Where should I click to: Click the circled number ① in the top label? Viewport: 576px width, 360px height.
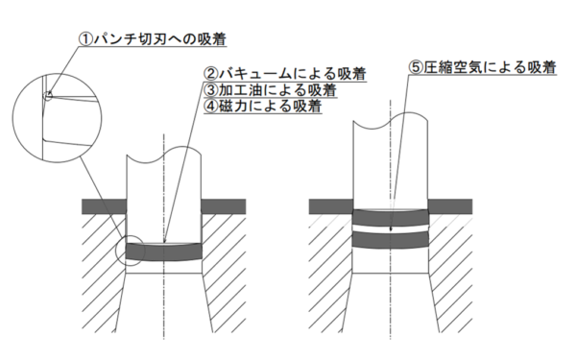point(86,39)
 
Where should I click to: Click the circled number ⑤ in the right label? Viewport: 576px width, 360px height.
point(415,68)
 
